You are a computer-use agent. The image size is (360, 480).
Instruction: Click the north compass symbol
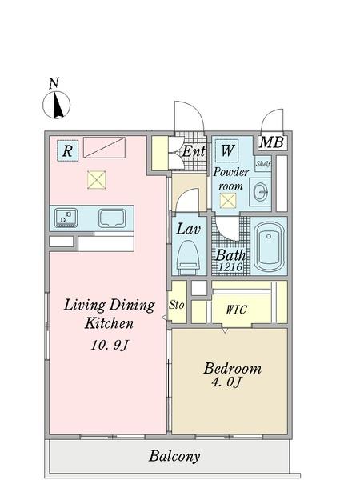point(56,103)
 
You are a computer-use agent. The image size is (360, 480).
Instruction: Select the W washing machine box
point(227,150)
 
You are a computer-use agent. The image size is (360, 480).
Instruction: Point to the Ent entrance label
point(194,150)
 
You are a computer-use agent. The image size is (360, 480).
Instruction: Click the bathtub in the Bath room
point(269,246)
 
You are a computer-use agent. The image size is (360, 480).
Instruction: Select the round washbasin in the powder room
point(260,191)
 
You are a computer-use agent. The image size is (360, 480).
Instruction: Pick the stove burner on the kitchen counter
point(66,217)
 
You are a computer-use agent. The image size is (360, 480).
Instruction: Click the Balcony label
point(174,457)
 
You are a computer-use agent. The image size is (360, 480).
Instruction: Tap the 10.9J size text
point(109,346)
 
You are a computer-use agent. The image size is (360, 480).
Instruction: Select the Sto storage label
point(178,305)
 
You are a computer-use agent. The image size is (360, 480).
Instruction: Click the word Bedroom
point(232,369)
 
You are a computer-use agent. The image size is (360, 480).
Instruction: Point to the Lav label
point(188,229)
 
